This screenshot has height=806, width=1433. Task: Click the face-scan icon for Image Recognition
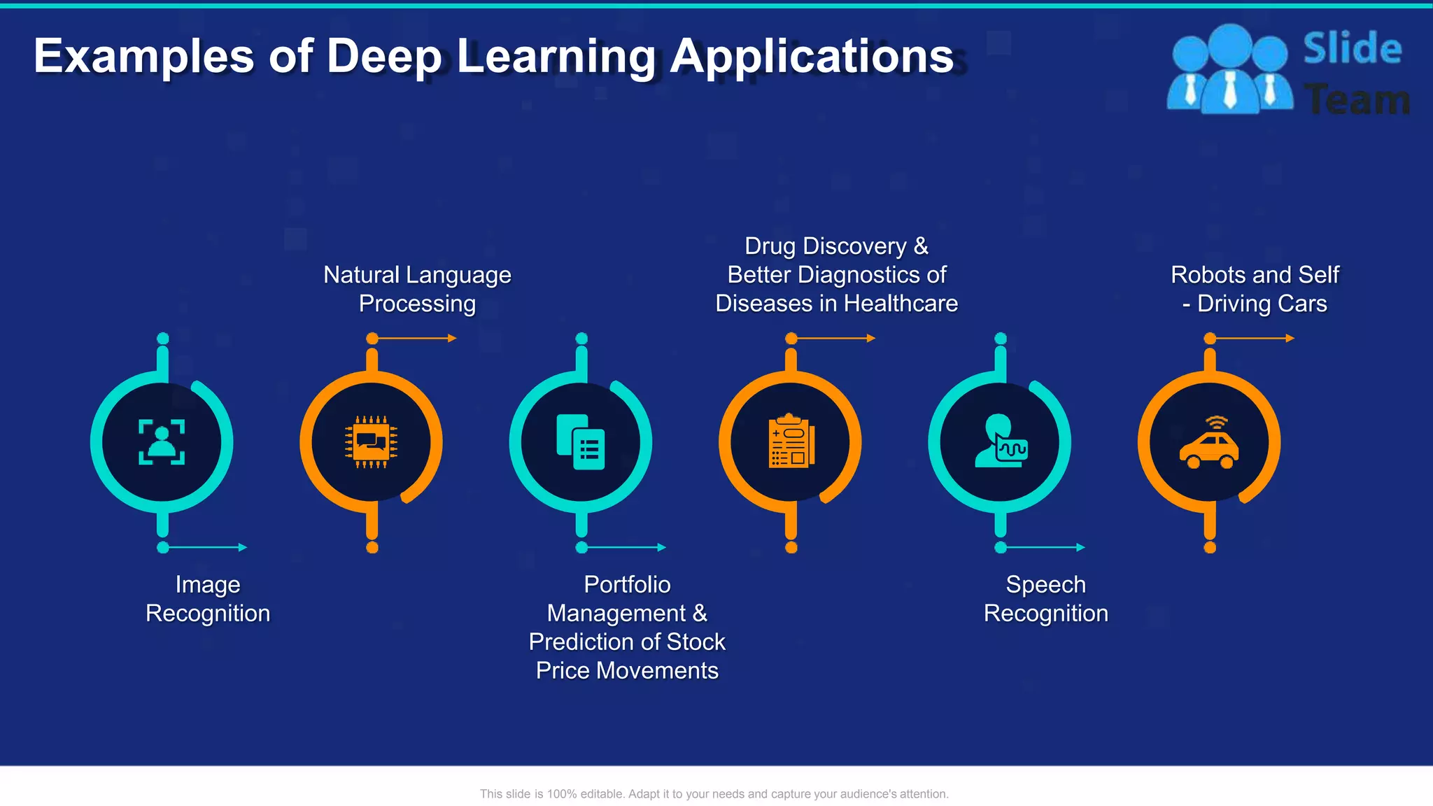pyautogui.click(x=162, y=442)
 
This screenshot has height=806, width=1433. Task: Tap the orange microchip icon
pyautogui.click(x=372, y=442)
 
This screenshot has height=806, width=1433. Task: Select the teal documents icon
pyautogui.click(x=581, y=442)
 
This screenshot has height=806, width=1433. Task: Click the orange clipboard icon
pyautogui.click(x=791, y=442)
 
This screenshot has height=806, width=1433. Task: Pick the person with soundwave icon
pyautogui.click(x=1001, y=442)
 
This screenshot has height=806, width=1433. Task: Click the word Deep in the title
pyautogui.click(x=384, y=57)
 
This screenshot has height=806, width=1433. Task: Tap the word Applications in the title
pyautogui.click(x=812, y=57)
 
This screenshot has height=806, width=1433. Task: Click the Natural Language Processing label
pyautogui.click(x=417, y=289)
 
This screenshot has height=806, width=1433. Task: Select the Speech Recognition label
pyautogui.click(x=1045, y=599)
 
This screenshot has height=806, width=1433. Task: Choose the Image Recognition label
pyautogui.click(x=208, y=599)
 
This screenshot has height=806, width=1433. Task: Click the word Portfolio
pyautogui.click(x=627, y=584)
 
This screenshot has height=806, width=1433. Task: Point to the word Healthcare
pyautogui.click(x=901, y=304)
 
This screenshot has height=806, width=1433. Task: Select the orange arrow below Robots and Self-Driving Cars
pyautogui.click(x=1252, y=339)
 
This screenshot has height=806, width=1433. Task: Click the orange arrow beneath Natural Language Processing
pyautogui.click(x=414, y=339)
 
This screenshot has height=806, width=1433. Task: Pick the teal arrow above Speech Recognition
pyautogui.click(x=1043, y=547)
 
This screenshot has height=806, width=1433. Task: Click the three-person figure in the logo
pyautogui.click(x=1229, y=71)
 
